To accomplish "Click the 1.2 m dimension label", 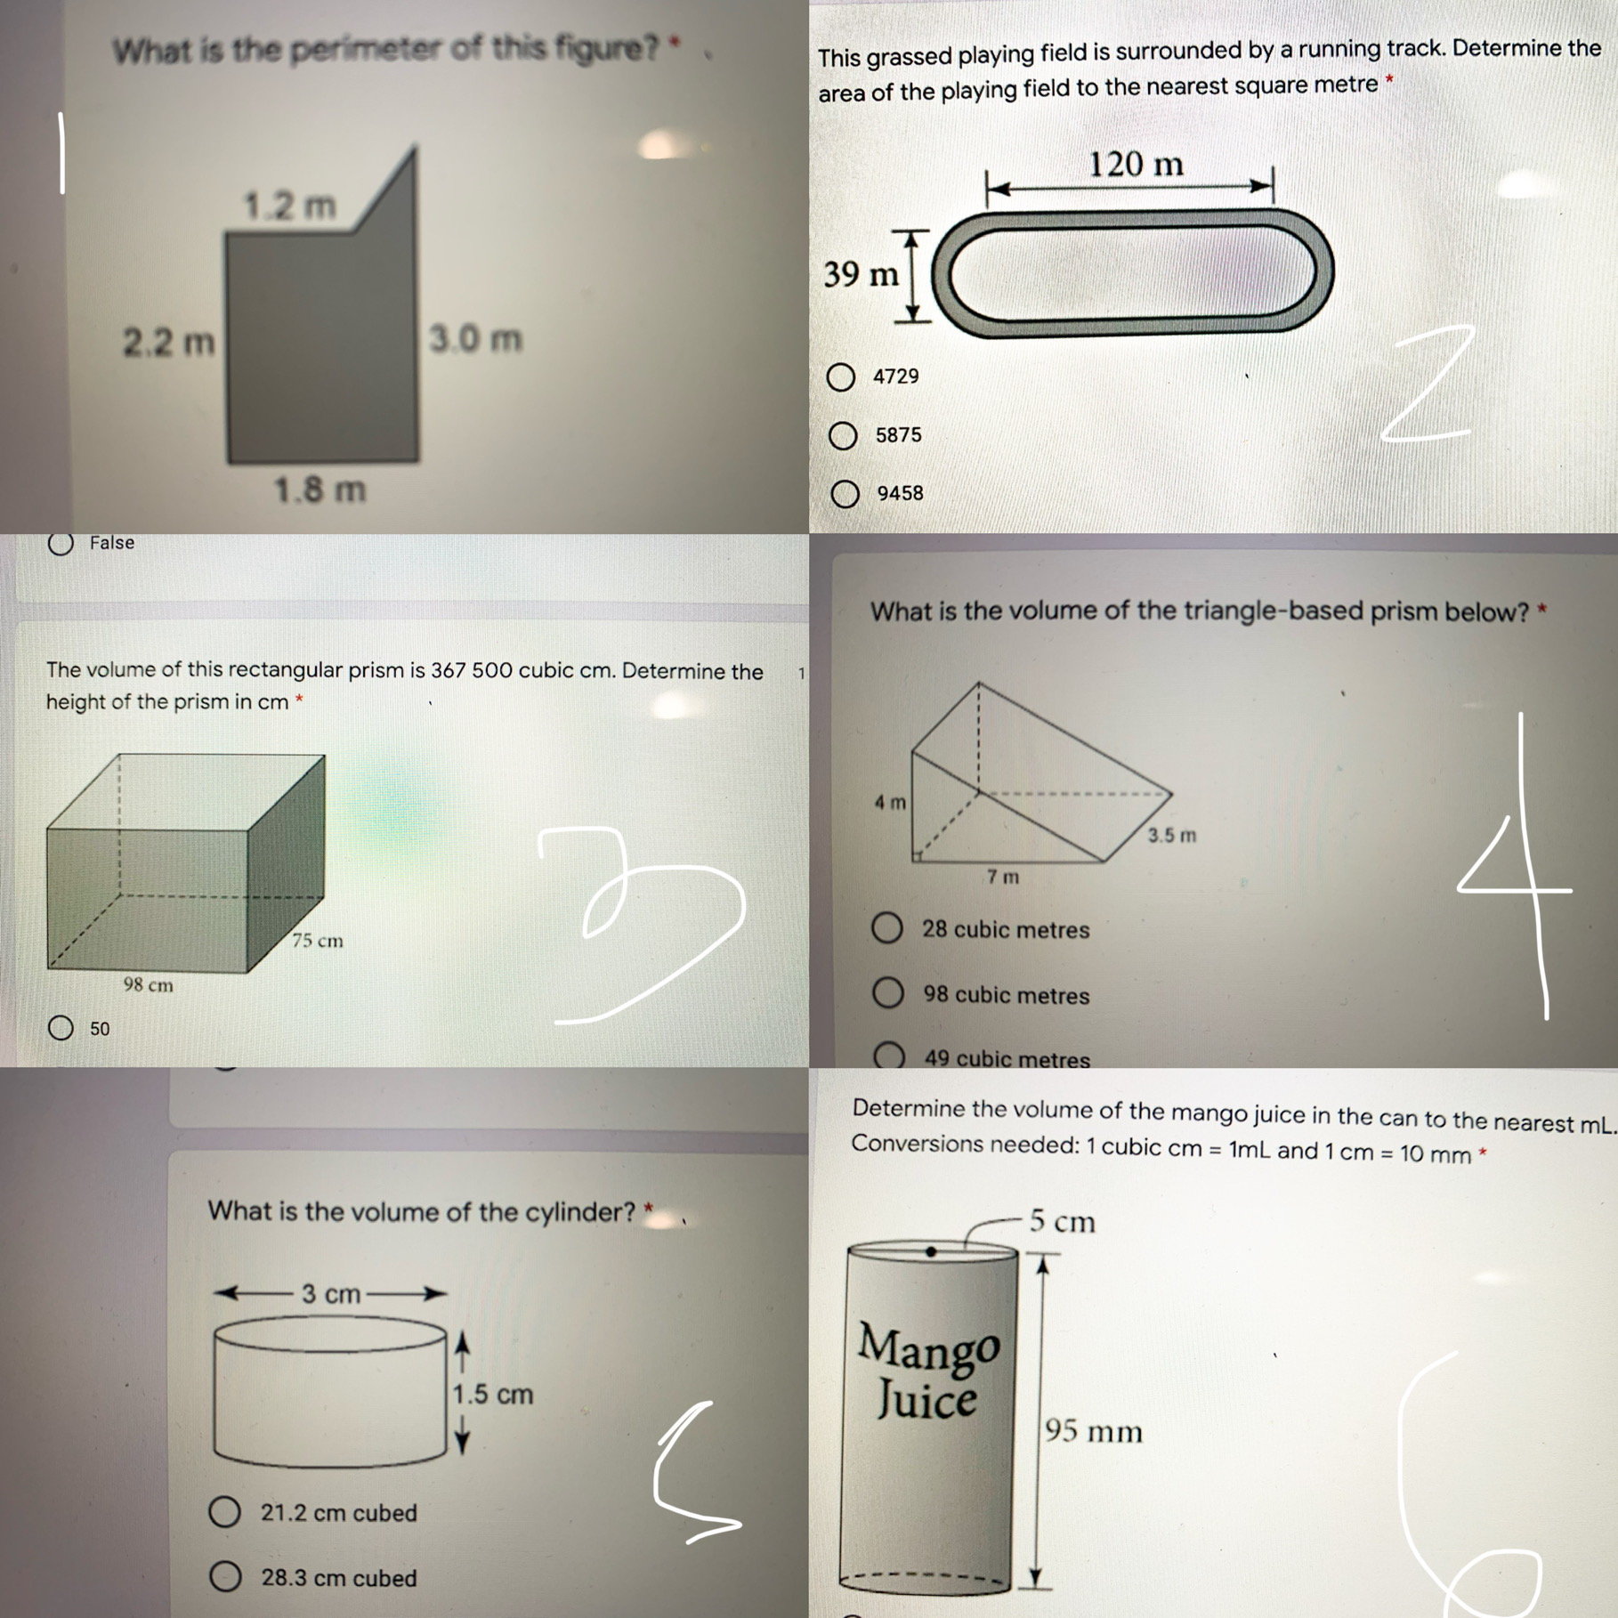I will click(290, 206).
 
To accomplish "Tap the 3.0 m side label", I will click(475, 339).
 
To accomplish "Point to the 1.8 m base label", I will click(320, 489).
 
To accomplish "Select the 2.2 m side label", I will click(168, 342).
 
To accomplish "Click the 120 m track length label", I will click(1136, 165).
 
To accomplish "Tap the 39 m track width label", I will click(861, 274).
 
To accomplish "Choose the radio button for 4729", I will click(841, 377).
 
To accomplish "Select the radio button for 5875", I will click(843, 436).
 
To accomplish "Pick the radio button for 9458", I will click(845, 494).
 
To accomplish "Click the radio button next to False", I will click(61, 544).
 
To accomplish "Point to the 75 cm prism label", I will click(318, 941).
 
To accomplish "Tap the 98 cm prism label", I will click(149, 985).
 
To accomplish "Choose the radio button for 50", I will click(61, 1029).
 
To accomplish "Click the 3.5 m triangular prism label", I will click(1171, 836).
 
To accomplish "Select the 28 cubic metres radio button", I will click(886, 928).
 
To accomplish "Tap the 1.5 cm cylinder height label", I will click(492, 1395).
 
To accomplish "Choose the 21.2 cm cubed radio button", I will click(224, 1512).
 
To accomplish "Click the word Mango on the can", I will click(928, 1347).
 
